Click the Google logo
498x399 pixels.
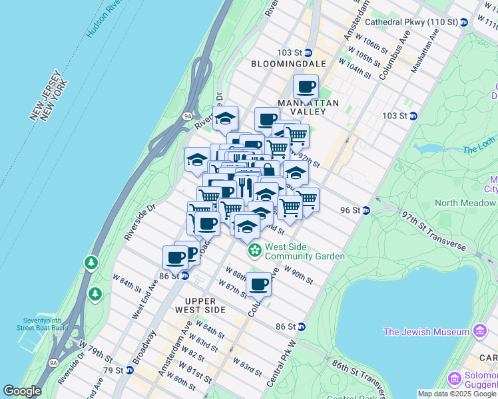coord(22,391)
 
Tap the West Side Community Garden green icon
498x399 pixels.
coord(254,251)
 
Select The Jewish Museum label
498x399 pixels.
coord(427,331)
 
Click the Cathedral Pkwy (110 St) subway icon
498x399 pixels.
coord(463,22)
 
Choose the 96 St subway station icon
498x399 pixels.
coord(366,210)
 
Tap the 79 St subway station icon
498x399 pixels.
coord(129,370)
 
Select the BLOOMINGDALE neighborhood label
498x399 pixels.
coord(288,64)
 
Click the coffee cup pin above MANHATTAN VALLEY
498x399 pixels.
coord(306,87)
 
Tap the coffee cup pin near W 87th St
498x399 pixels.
coord(258,285)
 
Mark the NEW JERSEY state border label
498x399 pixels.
coord(46,96)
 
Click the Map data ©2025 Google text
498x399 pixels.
coord(457,394)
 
